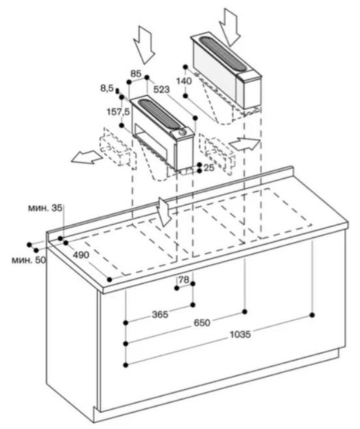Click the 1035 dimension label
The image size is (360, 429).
(x=240, y=334)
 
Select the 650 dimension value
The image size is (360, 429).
(x=202, y=323)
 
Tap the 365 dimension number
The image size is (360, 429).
(x=160, y=314)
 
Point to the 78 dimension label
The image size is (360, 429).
(x=184, y=279)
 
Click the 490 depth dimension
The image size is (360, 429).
(x=81, y=255)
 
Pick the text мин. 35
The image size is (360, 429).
(x=45, y=208)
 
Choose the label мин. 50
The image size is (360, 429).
(x=29, y=260)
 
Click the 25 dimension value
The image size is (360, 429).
(x=209, y=167)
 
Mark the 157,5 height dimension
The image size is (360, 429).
(x=118, y=112)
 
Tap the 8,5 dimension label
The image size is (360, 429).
(x=107, y=88)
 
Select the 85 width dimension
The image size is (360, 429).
(x=136, y=73)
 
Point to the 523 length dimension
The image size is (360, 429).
(x=162, y=89)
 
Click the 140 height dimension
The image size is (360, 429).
(x=184, y=81)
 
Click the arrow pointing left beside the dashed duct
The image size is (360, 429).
(x=87, y=157)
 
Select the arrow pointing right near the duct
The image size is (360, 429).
(x=245, y=143)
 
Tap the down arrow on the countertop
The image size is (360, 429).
(x=165, y=212)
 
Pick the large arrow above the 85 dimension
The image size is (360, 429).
(x=144, y=45)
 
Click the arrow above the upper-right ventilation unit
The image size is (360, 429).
(x=230, y=27)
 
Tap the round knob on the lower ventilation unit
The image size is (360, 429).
(x=182, y=132)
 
